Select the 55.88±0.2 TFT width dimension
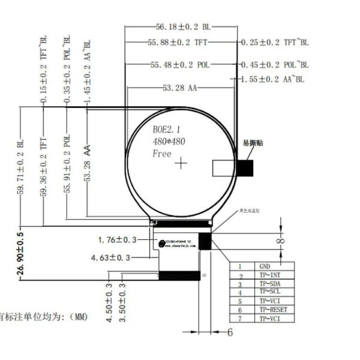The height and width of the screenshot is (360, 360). coord(178,43)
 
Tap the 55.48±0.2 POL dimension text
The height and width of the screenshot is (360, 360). coord(180,64)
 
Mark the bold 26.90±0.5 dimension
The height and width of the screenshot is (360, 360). coord(20,255)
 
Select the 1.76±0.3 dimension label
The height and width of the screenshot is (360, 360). coord(117,240)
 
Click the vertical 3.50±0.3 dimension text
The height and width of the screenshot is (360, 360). coord(123,303)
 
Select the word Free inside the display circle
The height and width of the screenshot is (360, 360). coord(162,154)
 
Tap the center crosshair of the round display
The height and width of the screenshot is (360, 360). coord(181,163)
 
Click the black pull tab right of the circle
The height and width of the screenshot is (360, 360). coord(245,168)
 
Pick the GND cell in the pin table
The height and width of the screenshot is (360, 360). coord(264,266)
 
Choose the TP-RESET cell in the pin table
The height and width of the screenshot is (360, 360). coord(273,310)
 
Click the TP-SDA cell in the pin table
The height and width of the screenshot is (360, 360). coord(270,283)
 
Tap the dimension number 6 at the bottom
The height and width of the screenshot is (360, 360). coord(229,332)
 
